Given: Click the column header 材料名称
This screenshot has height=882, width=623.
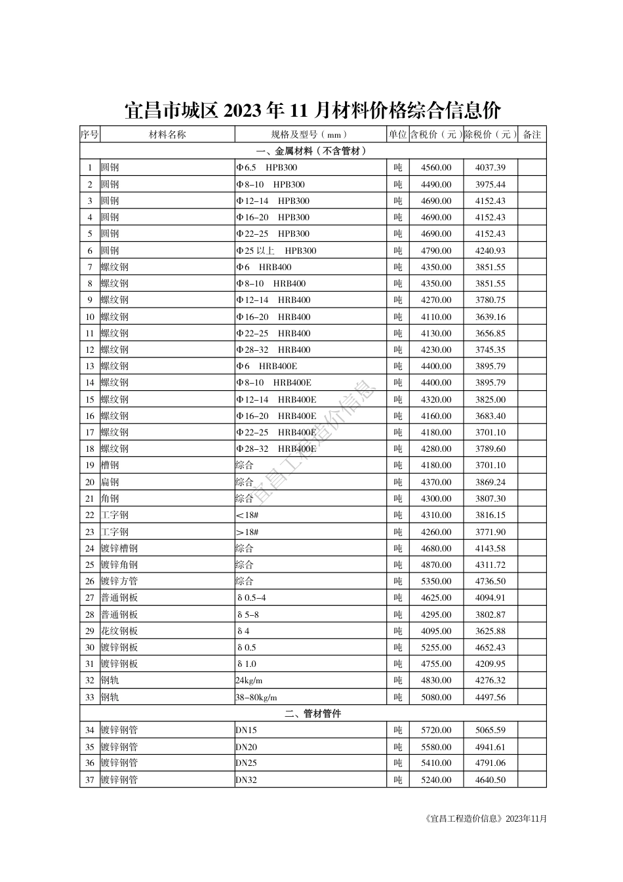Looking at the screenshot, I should coord(167,134).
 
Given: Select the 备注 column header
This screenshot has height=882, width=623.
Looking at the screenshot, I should coord(532,134).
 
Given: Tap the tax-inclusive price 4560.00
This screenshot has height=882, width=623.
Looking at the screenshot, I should coord(436,168).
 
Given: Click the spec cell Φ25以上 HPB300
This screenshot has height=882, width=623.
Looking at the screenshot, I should coord(276,251).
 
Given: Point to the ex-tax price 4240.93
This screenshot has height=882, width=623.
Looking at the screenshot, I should coord(491,251).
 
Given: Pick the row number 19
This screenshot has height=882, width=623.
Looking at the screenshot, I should coord(90,466).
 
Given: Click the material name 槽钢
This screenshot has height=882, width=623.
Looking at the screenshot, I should coord(110,466).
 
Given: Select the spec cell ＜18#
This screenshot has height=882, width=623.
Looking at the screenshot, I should coord(247,515).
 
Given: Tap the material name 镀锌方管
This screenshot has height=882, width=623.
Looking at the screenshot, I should coord(119,581).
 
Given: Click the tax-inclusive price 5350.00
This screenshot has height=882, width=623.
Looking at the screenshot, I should coord(436,581).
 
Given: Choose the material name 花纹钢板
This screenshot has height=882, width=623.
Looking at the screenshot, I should coord(119,631).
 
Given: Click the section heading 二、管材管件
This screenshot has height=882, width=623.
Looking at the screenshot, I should coord(313,713).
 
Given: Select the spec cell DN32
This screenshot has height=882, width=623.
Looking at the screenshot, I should coord(247,780).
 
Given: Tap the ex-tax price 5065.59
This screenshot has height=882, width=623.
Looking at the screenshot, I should coord(491,730).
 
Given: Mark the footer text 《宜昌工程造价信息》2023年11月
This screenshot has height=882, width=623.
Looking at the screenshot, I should coord(486,818).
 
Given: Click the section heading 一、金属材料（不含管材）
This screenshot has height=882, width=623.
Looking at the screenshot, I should coord(313,151).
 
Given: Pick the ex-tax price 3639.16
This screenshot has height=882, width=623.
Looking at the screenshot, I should coord(491,317).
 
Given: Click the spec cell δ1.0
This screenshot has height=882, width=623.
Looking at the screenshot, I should coord(247,664).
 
